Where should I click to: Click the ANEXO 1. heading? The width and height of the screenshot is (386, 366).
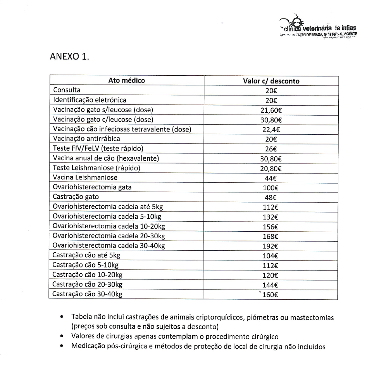coord(70,56)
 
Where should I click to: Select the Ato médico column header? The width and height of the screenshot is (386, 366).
coord(126,81)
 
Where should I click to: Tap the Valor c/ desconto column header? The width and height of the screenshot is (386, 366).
coord(271,81)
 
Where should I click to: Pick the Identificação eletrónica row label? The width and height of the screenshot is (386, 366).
coord(90,100)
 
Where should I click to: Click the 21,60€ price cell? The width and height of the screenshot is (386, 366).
coord(271,110)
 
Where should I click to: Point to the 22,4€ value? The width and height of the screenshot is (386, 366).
coord(271,130)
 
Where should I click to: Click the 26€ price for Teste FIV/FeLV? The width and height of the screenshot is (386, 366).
coord(271,149)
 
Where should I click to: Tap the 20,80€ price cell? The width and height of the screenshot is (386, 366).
coord(271,168)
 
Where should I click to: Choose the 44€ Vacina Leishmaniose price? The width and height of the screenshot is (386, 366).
coord(271,178)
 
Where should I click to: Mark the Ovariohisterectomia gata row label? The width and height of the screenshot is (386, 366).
coord(92,187)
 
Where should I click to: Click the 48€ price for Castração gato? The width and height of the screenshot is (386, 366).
coord(271,198)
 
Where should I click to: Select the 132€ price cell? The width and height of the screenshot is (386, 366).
coord(271,217)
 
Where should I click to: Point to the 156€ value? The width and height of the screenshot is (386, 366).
coord(271,227)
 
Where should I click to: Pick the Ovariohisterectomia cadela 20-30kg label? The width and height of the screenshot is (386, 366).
coord(109,236)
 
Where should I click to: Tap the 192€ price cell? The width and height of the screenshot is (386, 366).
coord(271,246)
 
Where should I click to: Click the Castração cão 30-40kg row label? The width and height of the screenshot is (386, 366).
coord(87,294)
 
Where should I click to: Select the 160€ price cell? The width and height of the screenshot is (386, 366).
coord(271,295)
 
